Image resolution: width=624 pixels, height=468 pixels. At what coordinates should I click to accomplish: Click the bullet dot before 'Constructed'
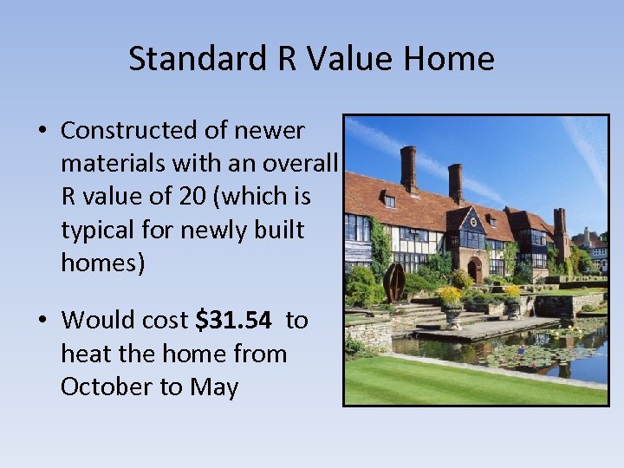[x=42, y=132]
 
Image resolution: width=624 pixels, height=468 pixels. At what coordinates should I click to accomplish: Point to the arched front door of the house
[x=475, y=269]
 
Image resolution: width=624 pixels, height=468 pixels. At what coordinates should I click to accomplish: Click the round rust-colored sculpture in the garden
[x=394, y=282]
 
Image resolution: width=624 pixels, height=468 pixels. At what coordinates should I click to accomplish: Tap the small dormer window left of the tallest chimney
[x=390, y=201]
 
